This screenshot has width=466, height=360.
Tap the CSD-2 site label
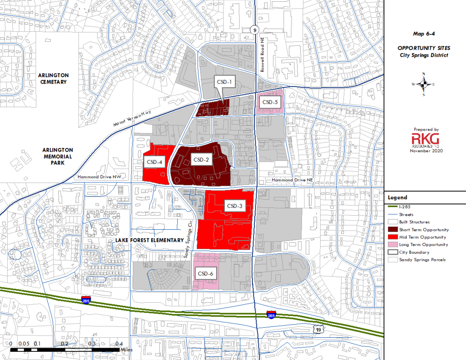coord(201,160)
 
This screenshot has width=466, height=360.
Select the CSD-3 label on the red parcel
coord(235,206)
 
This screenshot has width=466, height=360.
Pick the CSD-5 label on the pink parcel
coord(270,102)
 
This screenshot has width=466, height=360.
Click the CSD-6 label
coord(205,273)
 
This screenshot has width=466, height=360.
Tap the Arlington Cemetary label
coord(53,79)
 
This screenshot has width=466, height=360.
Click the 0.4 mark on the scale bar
coord(119,344)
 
